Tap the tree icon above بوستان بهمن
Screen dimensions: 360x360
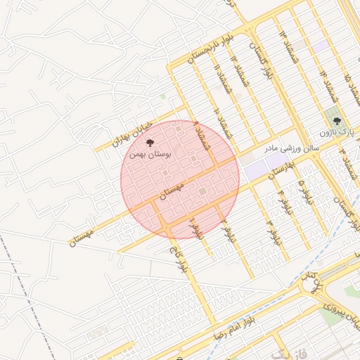[x=149, y=142]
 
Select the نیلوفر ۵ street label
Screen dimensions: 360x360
[x=303, y=191]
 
